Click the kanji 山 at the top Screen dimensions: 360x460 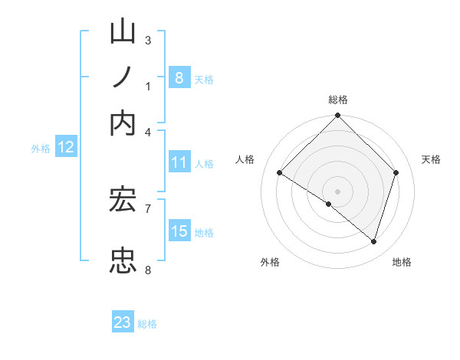click(123, 33)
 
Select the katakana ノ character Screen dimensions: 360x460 click(123, 77)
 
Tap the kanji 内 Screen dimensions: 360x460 click(123, 123)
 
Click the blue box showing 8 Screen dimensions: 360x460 click(179, 77)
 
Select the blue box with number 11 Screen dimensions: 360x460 click(179, 162)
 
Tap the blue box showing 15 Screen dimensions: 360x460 click(179, 231)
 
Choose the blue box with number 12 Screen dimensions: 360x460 click(65, 148)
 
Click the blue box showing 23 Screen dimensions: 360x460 click(123, 322)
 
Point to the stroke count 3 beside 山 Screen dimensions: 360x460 click(148, 40)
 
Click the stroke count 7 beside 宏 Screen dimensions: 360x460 click(148, 207)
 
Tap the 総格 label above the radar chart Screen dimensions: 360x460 click(337, 100)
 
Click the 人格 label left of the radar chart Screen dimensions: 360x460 click(245, 159)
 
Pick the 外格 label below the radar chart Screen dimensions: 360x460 click(270, 262)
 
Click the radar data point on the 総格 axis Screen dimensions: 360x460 click(337, 116)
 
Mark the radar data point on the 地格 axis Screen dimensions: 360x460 click(374, 242)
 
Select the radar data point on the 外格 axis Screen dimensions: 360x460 click(328, 204)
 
